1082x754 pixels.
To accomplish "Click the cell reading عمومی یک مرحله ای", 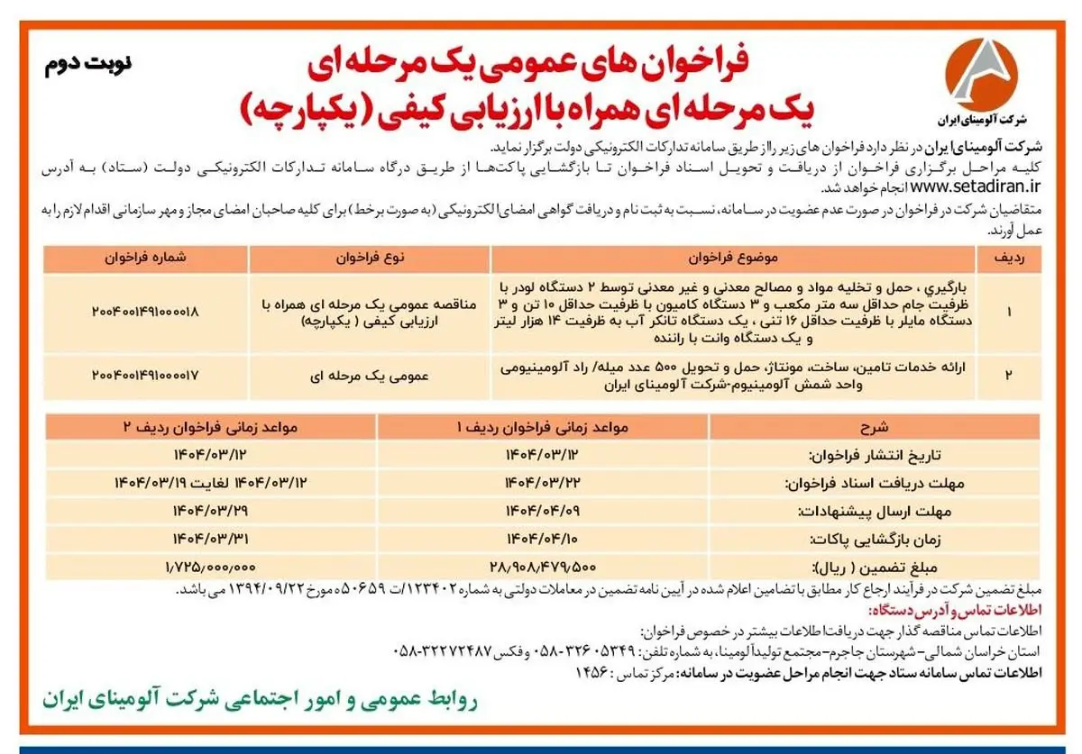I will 370,373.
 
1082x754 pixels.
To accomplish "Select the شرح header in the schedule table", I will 876,426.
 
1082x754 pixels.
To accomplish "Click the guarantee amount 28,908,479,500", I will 543,567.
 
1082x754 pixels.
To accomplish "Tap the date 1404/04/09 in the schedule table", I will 543,511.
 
